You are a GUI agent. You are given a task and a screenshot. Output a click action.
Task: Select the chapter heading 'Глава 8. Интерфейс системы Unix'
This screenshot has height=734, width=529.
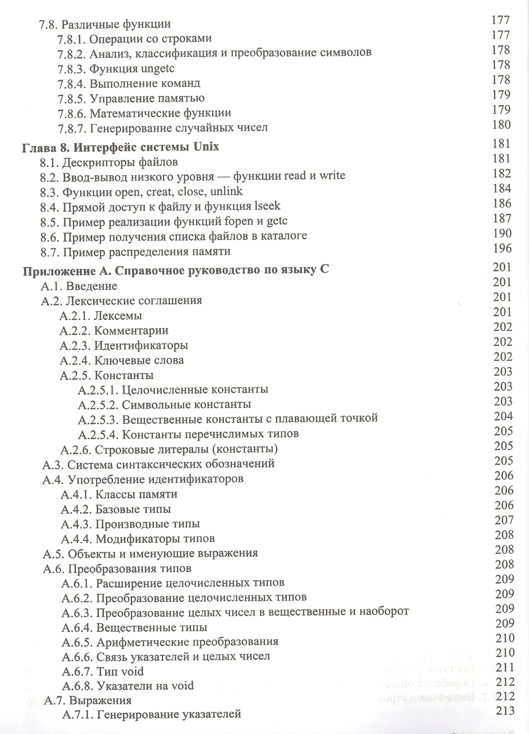click(x=120, y=147)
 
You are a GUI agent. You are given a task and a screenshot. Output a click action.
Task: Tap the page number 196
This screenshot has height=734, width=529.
click(x=502, y=248)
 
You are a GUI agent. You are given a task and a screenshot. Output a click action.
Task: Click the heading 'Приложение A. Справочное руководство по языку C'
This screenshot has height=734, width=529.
click(x=176, y=270)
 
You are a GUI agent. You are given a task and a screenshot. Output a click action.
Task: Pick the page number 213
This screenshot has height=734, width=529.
click(x=505, y=711)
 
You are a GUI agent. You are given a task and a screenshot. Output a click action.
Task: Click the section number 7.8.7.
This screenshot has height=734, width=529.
click(x=72, y=128)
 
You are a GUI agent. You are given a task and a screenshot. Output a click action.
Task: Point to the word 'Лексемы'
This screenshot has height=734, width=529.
click(x=118, y=315)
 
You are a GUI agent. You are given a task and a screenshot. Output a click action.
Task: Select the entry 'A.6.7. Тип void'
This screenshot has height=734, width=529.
click(x=103, y=671)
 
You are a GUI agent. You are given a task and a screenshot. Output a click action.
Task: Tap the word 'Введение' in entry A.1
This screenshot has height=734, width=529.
click(x=92, y=286)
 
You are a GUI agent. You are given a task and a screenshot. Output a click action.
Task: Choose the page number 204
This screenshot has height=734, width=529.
click(x=503, y=417)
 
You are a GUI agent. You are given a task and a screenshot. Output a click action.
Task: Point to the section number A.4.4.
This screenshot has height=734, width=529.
click(x=76, y=539)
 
